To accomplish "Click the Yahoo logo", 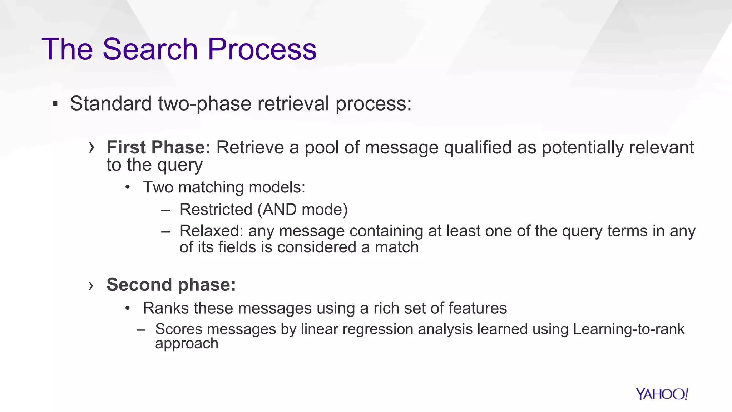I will [662, 394].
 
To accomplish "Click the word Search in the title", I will [150, 49].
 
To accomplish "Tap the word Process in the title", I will [262, 49].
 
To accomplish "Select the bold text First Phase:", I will [159, 147].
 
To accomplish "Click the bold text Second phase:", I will [171, 285].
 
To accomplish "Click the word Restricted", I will [216, 210].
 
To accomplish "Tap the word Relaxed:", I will [211, 231].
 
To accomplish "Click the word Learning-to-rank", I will [628, 329].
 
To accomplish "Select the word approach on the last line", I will [187, 344].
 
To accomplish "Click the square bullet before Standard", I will [55, 104].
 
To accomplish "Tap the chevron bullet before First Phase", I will [91, 147].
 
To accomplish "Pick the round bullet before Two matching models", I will [128, 187].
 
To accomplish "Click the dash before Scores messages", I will [141, 329].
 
